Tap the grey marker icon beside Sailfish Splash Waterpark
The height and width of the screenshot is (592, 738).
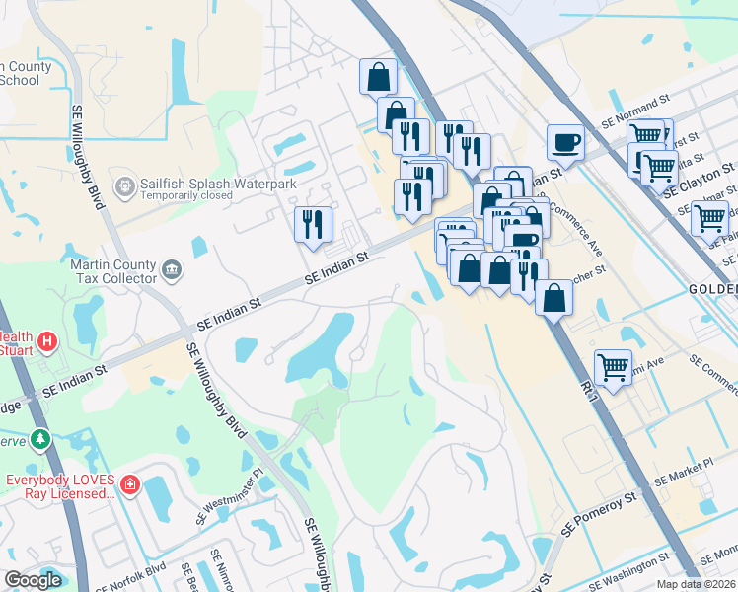click(125, 185)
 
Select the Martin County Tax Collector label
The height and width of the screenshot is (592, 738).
click(113, 271)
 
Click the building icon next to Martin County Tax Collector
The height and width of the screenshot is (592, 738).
click(171, 268)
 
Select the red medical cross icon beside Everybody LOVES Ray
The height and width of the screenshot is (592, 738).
click(130, 484)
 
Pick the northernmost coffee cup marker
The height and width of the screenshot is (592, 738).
click(565, 141)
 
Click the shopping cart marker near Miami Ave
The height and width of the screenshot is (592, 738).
click(614, 367)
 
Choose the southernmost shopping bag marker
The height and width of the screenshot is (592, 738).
click(554, 298)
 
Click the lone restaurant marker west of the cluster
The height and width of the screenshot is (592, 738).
click(313, 224)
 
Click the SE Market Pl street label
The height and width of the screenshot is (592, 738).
click(687, 468)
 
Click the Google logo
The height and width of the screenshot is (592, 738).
click(33, 580)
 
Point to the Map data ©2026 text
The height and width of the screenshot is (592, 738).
click(696, 584)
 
